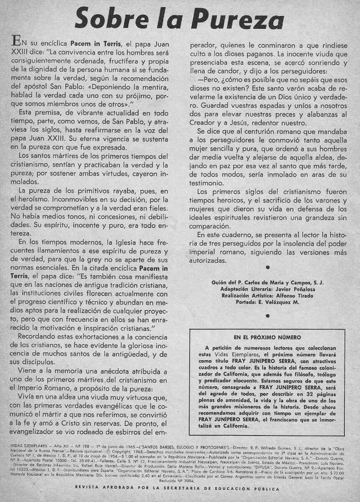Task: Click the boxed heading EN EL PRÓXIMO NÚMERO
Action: (x=267, y=338)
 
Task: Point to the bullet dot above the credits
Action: (x=267, y=267)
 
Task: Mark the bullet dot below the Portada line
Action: (x=267, y=316)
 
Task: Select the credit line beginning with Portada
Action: (x=267, y=302)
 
